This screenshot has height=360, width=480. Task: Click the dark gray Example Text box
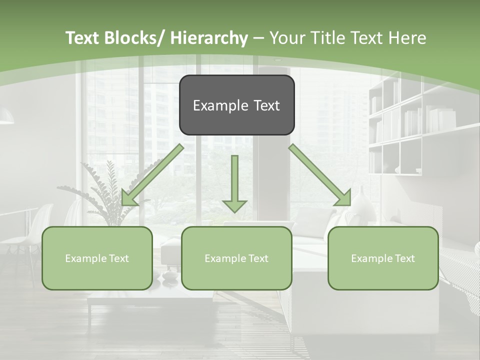(236, 105)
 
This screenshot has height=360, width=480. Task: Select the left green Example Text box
(97, 258)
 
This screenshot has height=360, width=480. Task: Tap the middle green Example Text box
(236, 258)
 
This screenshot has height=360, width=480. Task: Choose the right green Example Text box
(383, 258)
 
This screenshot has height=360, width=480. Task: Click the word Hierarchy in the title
(209, 38)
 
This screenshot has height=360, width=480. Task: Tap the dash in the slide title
(258, 38)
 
